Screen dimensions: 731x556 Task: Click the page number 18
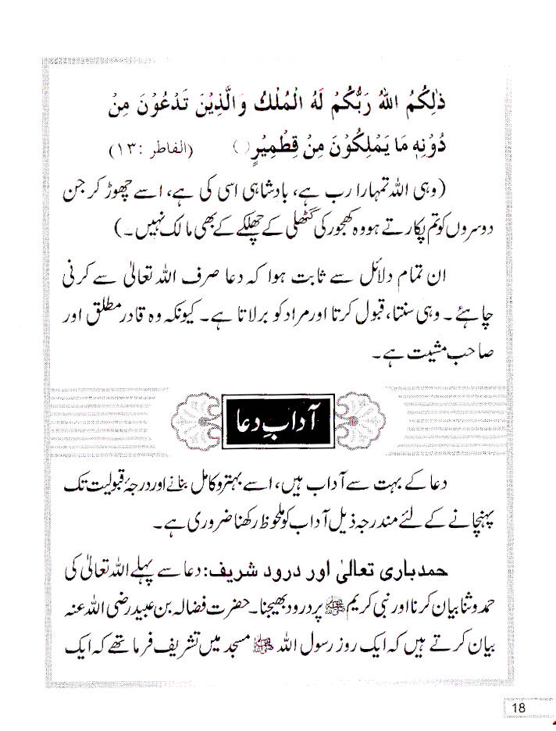pos(519,708)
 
